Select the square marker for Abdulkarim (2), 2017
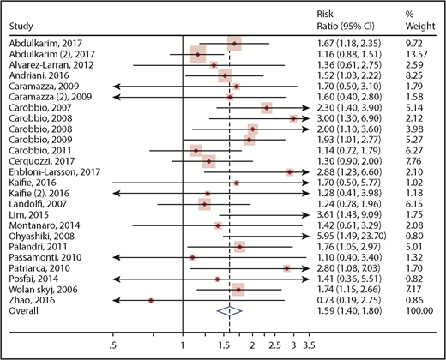tap(197, 53)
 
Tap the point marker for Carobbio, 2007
tap(267, 107)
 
